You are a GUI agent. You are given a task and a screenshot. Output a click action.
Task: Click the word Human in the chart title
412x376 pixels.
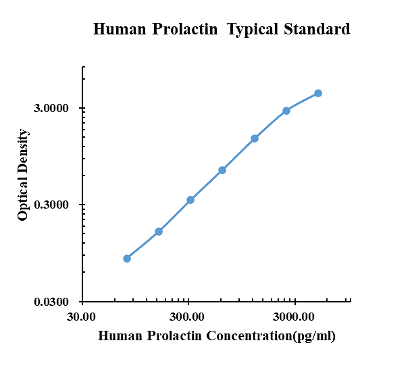118,30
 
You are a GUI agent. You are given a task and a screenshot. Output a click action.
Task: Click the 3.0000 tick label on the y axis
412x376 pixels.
51,109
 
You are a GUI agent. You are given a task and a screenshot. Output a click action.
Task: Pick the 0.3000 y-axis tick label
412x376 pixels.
51,205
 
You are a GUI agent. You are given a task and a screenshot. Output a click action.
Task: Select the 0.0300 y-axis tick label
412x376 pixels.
51,302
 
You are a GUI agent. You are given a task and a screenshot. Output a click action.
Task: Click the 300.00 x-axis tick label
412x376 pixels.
188,316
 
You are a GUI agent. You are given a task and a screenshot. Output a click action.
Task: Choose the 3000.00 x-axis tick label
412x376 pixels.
294,316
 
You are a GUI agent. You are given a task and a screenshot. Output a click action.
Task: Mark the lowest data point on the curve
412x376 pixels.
127,259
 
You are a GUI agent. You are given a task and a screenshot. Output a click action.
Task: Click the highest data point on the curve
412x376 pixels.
318,93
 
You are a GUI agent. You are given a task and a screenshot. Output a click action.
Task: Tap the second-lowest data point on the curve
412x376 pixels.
159,232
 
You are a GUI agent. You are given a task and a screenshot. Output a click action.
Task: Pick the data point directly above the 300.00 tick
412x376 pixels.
190,200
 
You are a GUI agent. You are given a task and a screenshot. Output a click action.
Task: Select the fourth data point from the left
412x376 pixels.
222,170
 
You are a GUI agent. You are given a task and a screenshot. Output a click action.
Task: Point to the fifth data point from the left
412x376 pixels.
255,138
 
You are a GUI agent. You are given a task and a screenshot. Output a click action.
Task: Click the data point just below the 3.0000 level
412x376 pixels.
286,111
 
